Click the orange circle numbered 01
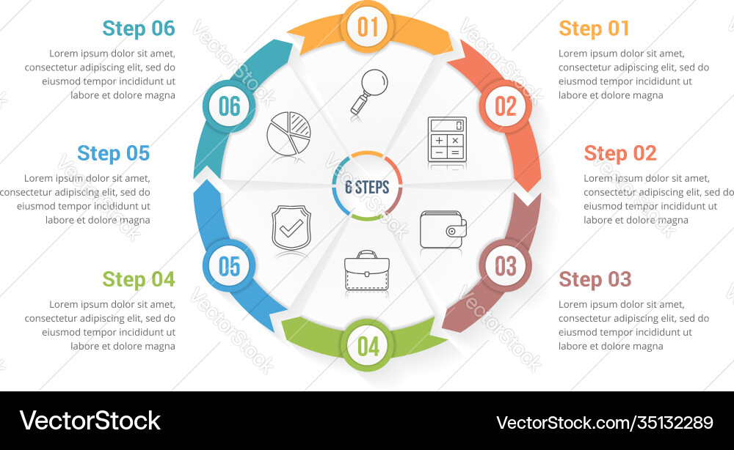pos(368,27)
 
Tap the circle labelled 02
pos(506,106)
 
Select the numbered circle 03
pos(506,265)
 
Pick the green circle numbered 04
pos(368,345)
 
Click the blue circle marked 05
pos(229,266)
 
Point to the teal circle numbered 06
pos(229,106)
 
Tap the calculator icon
pos(447,139)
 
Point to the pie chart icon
pos(288,133)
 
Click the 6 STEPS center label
pos(367,186)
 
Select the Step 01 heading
pos(594,29)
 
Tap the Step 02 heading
pos(619,153)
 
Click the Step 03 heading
pos(595,279)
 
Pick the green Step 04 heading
pos(139,279)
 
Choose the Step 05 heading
pos(113,153)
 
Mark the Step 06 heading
pos(139,29)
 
